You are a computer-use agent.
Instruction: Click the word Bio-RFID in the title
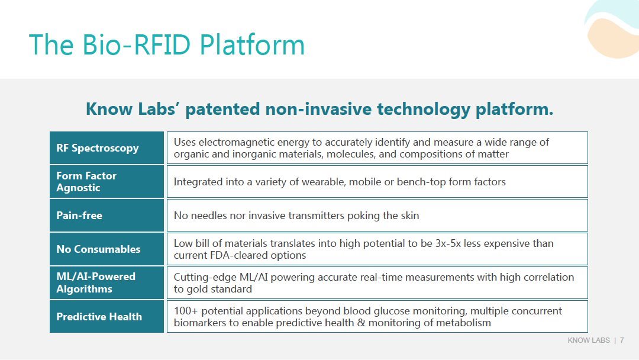[x=136, y=44]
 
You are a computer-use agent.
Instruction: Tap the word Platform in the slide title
[x=252, y=44]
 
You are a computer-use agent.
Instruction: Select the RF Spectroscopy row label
[x=98, y=148]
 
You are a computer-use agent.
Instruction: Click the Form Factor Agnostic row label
[x=86, y=181]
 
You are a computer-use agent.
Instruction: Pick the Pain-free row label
[x=79, y=216]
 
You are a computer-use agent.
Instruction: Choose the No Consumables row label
[x=98, y=249]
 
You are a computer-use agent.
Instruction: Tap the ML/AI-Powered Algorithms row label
[x=96, y=282]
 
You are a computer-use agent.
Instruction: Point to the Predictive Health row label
[x=99, y=316]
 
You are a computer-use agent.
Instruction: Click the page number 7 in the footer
[x=622, y=340]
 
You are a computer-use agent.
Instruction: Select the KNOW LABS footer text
[x=589, y=340]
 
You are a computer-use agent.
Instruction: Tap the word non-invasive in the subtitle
[x=318, y=109]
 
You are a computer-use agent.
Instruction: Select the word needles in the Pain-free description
[x=209, y=216]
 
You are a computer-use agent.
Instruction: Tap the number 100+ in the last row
[x=186, y=311]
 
